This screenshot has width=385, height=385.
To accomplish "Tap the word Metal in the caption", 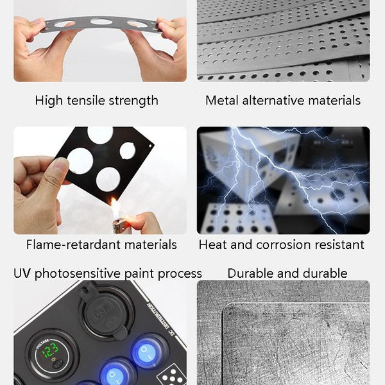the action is click(222, 101).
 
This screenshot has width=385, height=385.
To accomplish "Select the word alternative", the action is click(273, 101).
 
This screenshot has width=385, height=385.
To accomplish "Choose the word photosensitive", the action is click(78, 274).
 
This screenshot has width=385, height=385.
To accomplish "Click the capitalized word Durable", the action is click(248, 273).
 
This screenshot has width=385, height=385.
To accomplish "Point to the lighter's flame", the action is click(115, 207).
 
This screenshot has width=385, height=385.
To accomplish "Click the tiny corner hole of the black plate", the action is click(150, 146).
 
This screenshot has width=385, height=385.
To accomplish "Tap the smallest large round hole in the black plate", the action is click(128, 151).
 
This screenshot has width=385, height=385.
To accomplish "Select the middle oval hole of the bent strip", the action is click(101, 22).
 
